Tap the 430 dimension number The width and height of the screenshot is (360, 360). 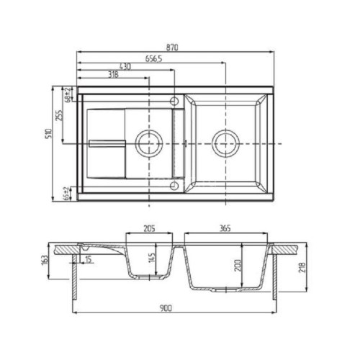[x=125, y=66]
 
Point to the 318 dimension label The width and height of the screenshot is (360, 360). [x=112, y=74]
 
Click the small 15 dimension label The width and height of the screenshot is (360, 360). [x=89, y=260]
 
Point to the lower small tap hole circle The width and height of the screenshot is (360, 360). [x=174, y=184]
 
